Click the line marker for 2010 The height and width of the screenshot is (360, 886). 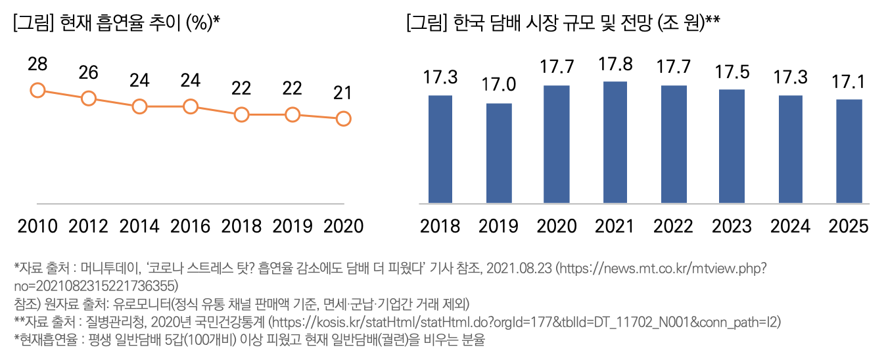coord(37,90)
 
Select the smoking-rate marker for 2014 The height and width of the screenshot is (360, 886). coord(139,106)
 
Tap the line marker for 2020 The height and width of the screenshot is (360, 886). coord(343,119)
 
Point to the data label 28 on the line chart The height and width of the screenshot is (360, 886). coord(37,64)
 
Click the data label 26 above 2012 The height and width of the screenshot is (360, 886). coord(88,73)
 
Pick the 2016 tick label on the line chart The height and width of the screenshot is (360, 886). coord(190,226)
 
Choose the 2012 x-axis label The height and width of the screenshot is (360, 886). coord(88,226)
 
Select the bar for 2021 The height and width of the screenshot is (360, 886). coord(615,142)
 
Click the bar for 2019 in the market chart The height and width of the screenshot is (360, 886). coord(499,153)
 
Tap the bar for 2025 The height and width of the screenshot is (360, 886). coord(849,151)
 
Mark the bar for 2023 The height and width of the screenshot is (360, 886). coord(732,146)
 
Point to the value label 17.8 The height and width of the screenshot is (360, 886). coord(615,64)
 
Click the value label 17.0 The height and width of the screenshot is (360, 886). coord(499,85)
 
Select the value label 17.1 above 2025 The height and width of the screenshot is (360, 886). coord(849,82)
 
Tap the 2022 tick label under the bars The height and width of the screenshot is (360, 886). coord(673,226)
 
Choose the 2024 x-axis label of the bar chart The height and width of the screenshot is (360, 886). coord(790,226)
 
